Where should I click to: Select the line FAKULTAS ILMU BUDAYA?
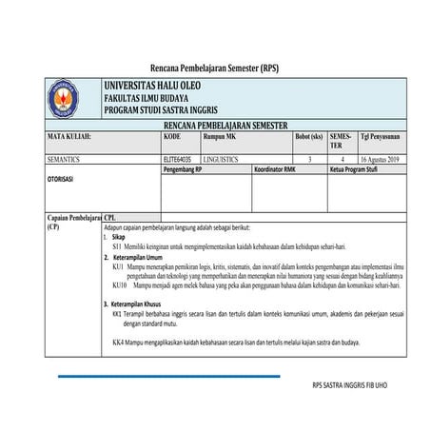pyautogui.click(x=146, y=98)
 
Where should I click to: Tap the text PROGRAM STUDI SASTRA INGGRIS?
pyautogui.click(x=161, y=109)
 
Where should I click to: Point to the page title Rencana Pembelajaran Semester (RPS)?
pyautogui.click(x=215, y=68)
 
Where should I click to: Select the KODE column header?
pyautogui.click(x=172, y=137)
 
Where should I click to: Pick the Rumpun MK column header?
pyautogui.click(x=220, y=137)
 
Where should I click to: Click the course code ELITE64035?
pyautogui.click(x=177, y=159)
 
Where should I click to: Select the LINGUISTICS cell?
pyautogui.click(x=225, y=159)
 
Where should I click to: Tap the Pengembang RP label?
pyautogui.click(x=183, y=168)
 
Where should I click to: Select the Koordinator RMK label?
pyautogui.click(x=278, y=168)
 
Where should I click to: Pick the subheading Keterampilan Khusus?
pyautogui.click(x=145, y=304)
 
